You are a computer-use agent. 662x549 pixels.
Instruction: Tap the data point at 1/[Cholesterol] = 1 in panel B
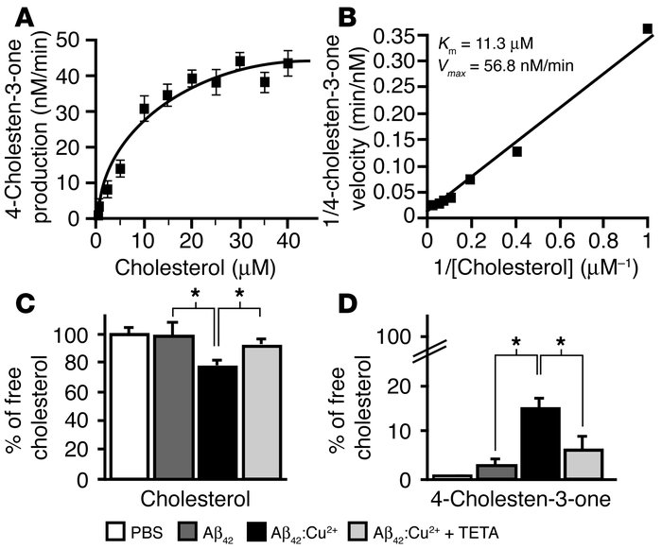[647, 29]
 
